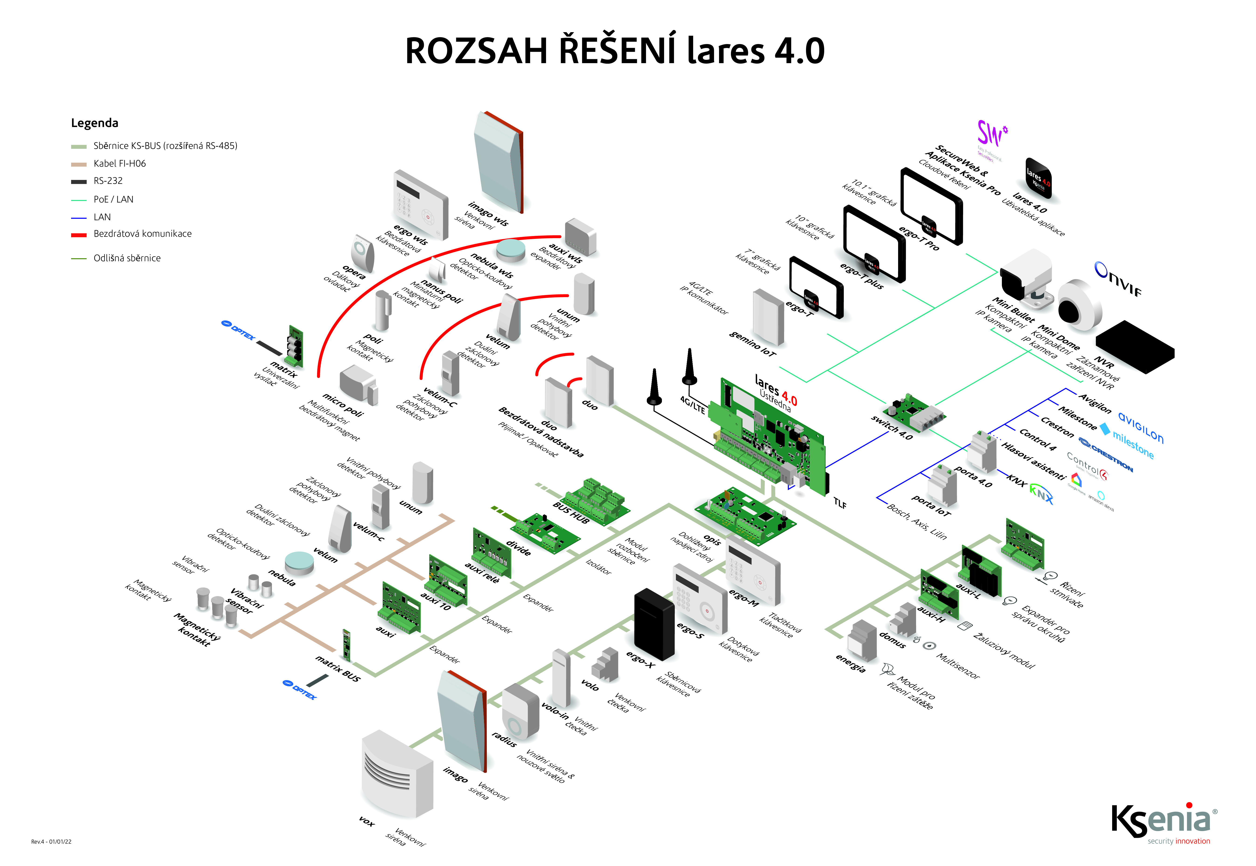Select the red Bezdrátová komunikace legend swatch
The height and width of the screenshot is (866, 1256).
(x=79, y=235)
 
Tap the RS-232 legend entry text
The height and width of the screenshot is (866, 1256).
(x=108, y=181)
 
